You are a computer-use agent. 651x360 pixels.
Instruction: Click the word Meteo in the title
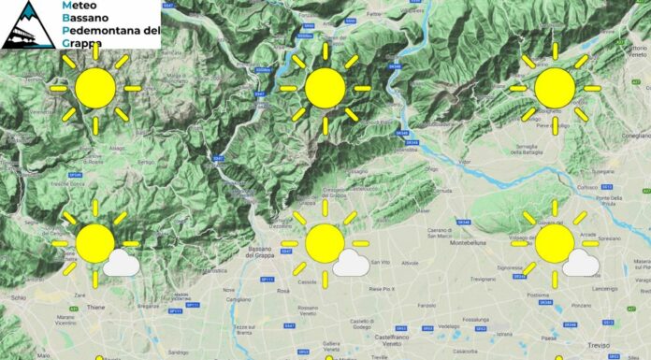(79, 7)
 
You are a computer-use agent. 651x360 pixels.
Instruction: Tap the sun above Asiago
(95, 88)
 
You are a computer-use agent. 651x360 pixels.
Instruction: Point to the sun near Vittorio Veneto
(555, 88)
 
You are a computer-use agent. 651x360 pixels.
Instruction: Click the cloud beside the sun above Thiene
(121, 263)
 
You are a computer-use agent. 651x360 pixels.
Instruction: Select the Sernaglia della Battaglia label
(545, 150)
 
